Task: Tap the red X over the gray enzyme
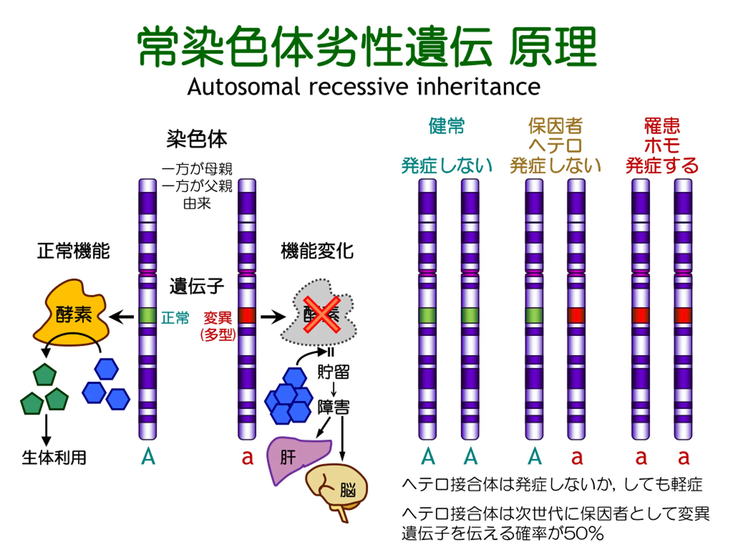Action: click(x=322, y=314)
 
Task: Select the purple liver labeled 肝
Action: click(x=295, y=457)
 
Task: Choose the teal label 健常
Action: click(x=446, y=126)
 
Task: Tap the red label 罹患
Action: click(x=662, y=126)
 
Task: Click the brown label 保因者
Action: click(x=555, y=126)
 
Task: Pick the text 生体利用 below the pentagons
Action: click(x=54, y=458)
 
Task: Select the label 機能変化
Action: click(x=317, y=251)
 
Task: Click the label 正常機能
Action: click(x=73, y=251)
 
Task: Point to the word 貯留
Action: click(x=333, y=372)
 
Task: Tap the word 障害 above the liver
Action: click(x=333, y=407)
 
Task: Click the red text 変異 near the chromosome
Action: click(x=218, y=318)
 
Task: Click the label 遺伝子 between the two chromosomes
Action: click(x=197, y=286)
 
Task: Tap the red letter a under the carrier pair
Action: click(x=577, y=457)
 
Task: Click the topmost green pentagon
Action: click(x=45, y=375)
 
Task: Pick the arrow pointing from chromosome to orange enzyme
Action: click(x=121, y=317)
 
